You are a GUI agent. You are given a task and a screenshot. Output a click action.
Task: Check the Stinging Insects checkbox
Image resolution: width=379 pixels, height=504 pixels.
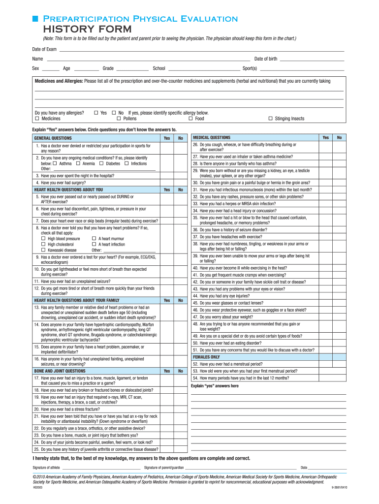pyautogui.click(x=270, y=119)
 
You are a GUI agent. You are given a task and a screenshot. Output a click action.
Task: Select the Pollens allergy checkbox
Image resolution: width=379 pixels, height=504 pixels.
pyautogui.click(x=119, y=119)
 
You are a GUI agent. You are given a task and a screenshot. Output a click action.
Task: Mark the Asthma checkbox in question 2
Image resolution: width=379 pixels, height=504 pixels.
pyautogui.click(x=55, y=163)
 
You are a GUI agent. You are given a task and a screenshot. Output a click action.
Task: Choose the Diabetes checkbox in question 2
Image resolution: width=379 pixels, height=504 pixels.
pyautogui.click(x=101, y=163)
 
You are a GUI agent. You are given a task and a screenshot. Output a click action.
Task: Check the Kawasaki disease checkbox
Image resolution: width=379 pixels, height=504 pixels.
pyautogui.click(x=43, y=250)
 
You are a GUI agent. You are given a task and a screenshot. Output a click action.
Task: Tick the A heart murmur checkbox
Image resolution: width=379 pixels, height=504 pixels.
pyautogui.click(x=94, y=239)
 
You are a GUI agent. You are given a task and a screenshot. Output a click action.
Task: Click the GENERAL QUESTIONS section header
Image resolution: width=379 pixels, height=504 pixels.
pyautogui.click(x=53, y=138)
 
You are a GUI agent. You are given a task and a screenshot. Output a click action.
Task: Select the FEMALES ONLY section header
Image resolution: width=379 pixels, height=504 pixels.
pyautogui.click(x=206, y=357)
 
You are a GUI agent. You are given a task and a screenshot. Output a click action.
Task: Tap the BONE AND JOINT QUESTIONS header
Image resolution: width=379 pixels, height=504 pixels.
pyautogui.click(x=60, y=371)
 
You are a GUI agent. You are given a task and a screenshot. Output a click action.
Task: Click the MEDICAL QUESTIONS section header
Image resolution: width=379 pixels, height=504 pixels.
pyautogui.click(x=211, y=138)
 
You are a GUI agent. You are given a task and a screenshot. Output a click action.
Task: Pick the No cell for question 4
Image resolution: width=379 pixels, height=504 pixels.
pyautogui.click(x=181, y=182)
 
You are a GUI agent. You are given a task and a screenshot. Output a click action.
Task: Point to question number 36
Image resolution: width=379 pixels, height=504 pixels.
pyautogui.click(x=195, y=229)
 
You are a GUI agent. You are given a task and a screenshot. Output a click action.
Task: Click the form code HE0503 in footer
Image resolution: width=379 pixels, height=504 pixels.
pyautogui.click(x=38, y=488)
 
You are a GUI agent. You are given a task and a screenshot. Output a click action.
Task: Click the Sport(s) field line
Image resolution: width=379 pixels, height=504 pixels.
pyautogui.click(x=301, y=69)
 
